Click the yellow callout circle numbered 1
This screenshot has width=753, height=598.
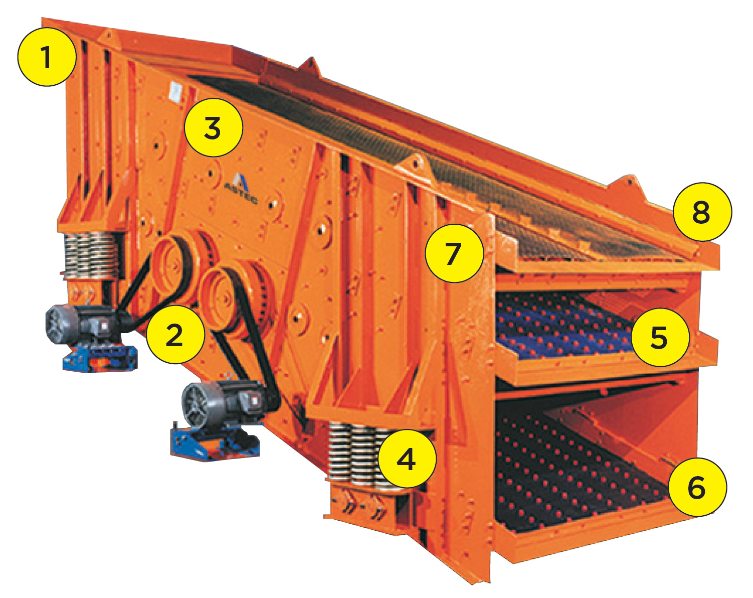47,57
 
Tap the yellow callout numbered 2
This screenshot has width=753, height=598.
175,334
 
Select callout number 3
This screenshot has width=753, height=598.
214,127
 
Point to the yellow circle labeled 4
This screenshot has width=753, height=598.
407,459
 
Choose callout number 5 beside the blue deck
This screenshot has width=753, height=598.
661,337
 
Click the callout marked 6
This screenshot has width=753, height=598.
697,487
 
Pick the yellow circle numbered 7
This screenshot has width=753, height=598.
455,253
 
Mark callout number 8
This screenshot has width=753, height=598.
702,212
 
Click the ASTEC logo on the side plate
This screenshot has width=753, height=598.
242,188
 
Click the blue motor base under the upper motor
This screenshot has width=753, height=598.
100,358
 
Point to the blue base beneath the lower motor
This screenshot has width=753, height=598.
214,442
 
